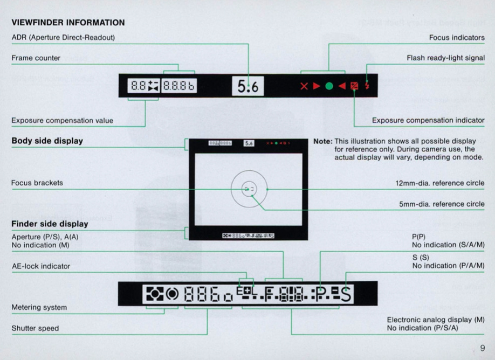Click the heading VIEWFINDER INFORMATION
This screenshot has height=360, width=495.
pyautogui.click(x=68, y=23)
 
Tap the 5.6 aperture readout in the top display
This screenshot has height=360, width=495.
pyautogui.click(x=247, y=86)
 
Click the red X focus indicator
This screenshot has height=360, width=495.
pyautogui.click(x=304, y=86)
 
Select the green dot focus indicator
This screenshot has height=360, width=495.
pyautogui.click(x=329, y=86)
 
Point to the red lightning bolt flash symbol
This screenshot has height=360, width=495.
pyautogui.click(x=367, y=86)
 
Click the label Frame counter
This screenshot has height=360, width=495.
pyautogui.click(x=36, y=58)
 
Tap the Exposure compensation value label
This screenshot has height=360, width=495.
pyautogui.click(x=62, y=120)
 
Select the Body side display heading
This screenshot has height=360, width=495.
pyautogui.click(x=47, y=141)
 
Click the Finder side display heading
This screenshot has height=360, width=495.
pyautogui.click(x=50, y=224)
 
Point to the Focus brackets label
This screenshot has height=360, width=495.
pyautogui.click(x=37, y=183)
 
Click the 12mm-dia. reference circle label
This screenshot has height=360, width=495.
pyautogui.click(x=440, y=183)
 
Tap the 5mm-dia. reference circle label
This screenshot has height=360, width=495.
pyautogui.click(x=442, y=204)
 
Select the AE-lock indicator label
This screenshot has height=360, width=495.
pyautogui.click(x=40, y=266)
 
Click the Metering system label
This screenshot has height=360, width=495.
pyautogui.click(x=39, y=307)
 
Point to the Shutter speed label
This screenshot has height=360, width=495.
pyautogui.click(x=35, y=328)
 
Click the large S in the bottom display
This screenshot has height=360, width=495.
pyautogui.click(x=346, y=295)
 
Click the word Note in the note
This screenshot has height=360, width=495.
pyautogui.click(x=322, y=141)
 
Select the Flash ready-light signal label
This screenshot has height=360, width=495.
pyautogui.click(x=445, y=58)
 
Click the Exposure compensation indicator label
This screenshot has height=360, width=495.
pyautogui.click(x=428, y=120)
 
